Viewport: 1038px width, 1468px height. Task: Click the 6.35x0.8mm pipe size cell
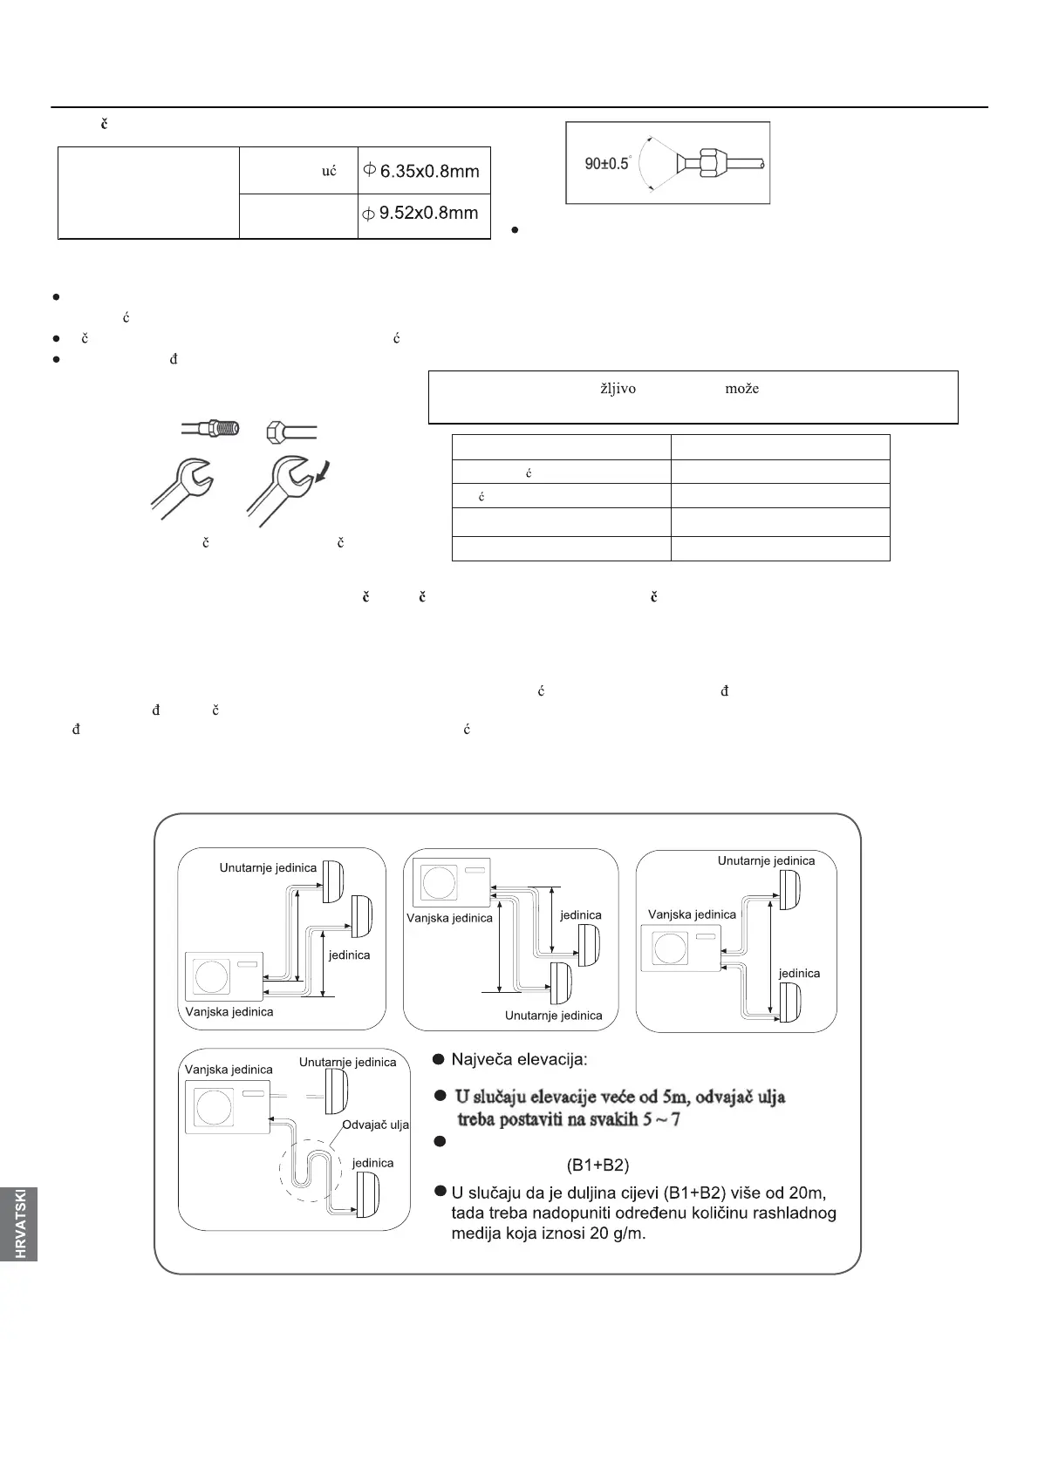[x=425, y=171]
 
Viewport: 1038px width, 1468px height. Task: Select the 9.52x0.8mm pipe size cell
[x=425, y=212]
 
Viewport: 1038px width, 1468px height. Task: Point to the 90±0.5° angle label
[x=607, y=163]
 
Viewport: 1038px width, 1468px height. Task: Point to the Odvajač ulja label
[x=375, y=1125]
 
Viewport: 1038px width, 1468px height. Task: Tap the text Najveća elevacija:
[x=519, y=1060]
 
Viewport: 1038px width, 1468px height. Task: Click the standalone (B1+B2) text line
[x=598, y=1165]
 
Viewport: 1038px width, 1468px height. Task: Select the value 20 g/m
[x=615, y=1234]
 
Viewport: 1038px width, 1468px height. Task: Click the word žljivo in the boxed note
[x=618, y=389]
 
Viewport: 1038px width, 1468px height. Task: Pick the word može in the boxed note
[x=741, y=389]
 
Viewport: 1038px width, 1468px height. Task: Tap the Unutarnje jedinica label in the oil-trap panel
[x=347, y=1062]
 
